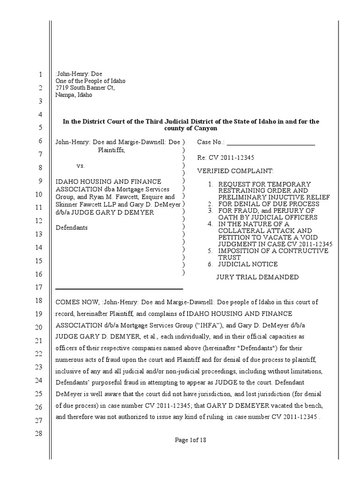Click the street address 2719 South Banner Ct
(84, 88)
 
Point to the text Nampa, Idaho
(74, 95)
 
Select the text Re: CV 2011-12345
(225, 157)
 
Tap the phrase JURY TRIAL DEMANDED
(257, 277)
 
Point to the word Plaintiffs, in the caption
(112, 150)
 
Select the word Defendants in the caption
(72, 228)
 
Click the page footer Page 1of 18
(190, 440)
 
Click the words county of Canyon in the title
(191, 128)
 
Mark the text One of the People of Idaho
(90, 81)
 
